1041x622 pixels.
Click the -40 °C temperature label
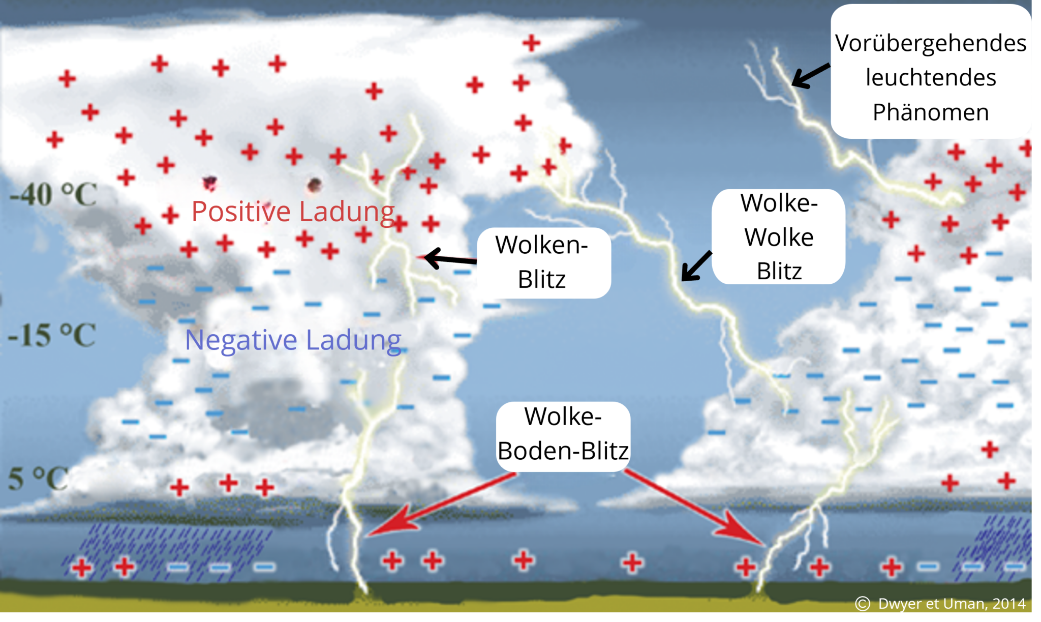(x=53, y=194)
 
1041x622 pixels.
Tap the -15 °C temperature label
(x=52, y=335)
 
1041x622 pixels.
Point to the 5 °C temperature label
(x=38, y=478)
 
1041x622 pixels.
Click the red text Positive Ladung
(x=293, y=211)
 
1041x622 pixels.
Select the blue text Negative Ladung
(x=293, y=340)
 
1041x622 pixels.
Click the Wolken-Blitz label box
(x=544, y=262)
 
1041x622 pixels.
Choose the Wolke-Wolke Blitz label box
(x=779, y=236)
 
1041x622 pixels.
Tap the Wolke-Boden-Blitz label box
(x=563, y=436)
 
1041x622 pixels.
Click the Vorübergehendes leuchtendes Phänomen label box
(x=931, y=71)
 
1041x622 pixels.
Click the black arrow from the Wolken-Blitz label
(x=450, y=259)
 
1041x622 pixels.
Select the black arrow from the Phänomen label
(x=811, y=76)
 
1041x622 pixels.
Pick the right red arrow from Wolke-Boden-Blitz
(x=695, y=508)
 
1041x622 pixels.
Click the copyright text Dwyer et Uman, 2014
(x=952, y=604)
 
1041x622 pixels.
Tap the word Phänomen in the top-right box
(x=931, y=112)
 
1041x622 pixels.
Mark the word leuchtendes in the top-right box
(x=931, y=78)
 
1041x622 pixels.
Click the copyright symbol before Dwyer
(x=863, y=604)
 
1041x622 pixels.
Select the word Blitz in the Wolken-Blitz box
(x=542, y=279)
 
